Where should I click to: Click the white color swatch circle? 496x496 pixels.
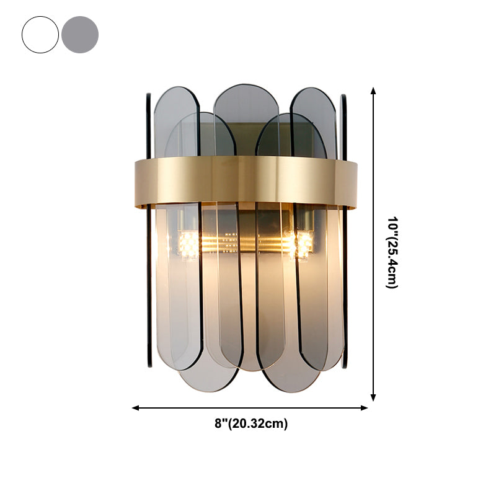pyautogui.click(x=40, y=35)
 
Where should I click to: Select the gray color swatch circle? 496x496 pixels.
pyautogui.click(x=80, y=35)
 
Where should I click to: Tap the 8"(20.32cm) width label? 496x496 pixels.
pyautogui.click(x=251, y=423)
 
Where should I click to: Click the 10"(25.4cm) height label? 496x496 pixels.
pyautogui.click(x=392, y=252)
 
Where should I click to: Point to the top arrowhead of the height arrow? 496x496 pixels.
pyautogui.click(x=373, y=91)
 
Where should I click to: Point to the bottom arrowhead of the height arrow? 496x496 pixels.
pyautogui.click(x=373, y=397)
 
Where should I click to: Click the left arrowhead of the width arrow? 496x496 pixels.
pyautogui.click(x=136, y=408)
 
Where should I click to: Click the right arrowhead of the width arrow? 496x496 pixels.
pyautogui.click(x=364, y=408)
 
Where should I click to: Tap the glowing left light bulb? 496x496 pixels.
pyautogui.click(x=189, y=244)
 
